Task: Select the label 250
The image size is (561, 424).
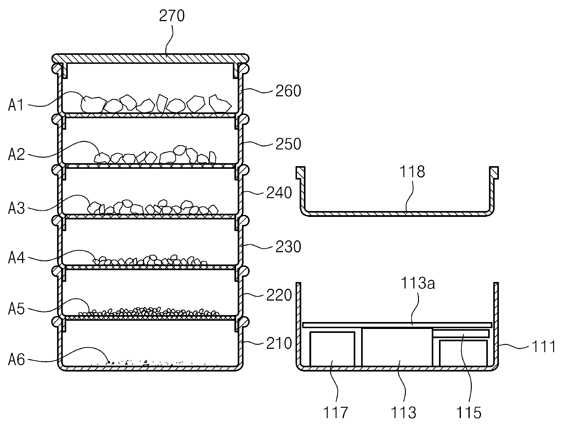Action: pyautogui.click(x=288, y=144)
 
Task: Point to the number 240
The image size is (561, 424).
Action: pyautogui.click(x=279, y=193)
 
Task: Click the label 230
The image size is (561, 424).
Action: pyautogui.click(x=288, y=247)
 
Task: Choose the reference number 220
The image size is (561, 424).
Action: pyautogui.click(x=279, y=295)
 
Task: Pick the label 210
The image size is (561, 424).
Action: pyautogui.click(x=279, y=344)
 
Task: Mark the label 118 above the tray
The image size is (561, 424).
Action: pyautogui.click(x=412, y=171)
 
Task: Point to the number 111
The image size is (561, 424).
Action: pyautogui.click(x=544, y=347)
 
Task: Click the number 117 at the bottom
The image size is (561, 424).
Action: pyautogui.click(x=335, y=413)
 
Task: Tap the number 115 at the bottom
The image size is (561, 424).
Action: pyautogui.click(x=469, y=413)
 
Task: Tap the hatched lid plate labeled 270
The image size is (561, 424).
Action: pyautogui.click(x=150, y=59)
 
